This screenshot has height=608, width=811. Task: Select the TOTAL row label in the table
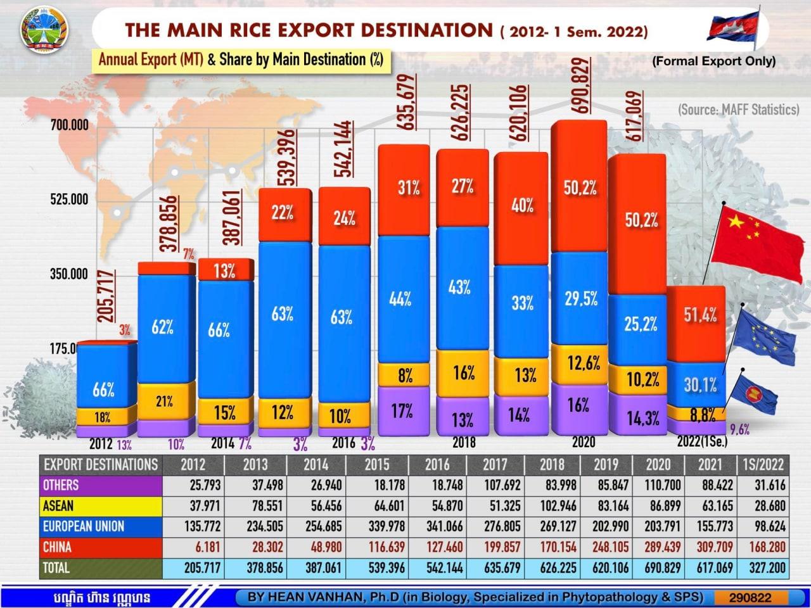click(56, 567)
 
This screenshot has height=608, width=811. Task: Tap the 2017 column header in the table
click(495, 464)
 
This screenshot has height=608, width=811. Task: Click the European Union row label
click(83, 526)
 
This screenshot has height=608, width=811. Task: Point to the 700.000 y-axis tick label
click(70, 125)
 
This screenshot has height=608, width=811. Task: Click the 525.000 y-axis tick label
click(70, 200)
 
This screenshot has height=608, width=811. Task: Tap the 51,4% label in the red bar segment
click(700, 315)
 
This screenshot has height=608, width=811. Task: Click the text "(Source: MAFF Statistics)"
click(738, 110)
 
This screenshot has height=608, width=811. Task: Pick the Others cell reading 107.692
click(495, 485)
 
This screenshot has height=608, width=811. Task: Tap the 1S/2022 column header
click(763, 464)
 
